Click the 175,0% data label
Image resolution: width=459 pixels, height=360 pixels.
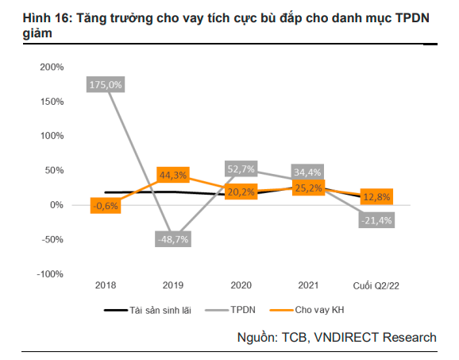pyautogui.click(x=106, y=83)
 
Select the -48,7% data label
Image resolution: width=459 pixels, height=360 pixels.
pyautogui.click(x=173, y=238)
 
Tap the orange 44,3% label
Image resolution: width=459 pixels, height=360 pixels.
pyautogui.click(x=173, y=175)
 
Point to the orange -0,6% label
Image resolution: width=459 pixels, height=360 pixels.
pyautogui.click(x=106, y=206)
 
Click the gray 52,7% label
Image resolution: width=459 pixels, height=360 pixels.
pyautogui.click(x=241, y=168)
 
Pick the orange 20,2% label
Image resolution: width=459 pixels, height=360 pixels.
pyautogui.click(x=241, y=192)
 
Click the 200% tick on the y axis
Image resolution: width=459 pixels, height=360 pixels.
pyautogui.click(x=51, y=67)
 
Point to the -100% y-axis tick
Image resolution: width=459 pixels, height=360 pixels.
pyautogui.click(x=49, y=274)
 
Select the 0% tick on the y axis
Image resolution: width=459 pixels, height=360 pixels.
pyautogui.click(x=56, y=205)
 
